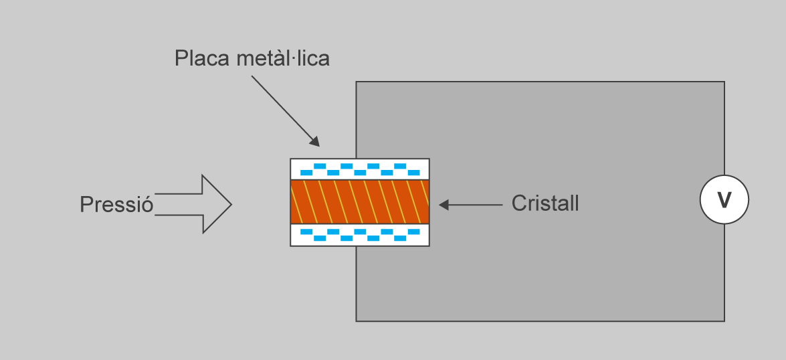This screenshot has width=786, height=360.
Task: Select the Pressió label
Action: pyautogui.click(x=116, y=204)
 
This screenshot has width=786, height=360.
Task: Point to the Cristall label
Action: pyautogui.click(x=545, y=203)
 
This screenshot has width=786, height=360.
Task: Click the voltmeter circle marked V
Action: pyautogui.click(x=724, y=199)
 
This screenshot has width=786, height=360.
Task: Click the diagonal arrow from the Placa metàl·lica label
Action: pyautogui.click(x=284, y=110)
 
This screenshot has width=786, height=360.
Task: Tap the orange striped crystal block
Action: pyautogui.click(x=360, y=202)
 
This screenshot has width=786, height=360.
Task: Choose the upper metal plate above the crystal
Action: pyautogui.click(x=360, y=169)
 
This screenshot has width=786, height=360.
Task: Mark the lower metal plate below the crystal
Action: pyautogui.click(x=360, y=236)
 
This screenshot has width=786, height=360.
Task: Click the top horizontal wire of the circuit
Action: pyautogui.click(x=535, y=82)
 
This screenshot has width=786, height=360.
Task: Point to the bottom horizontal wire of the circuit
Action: pyautogui.click(x=535, y=321)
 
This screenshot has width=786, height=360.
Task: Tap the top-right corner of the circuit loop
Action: pyautogui.click(x=724, y=82)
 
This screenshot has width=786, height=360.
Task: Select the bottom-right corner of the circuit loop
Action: pyautogui.click(x=724, y=321)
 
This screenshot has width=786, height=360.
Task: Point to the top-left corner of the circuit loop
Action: pyautogui.click(x=356, y=82)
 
